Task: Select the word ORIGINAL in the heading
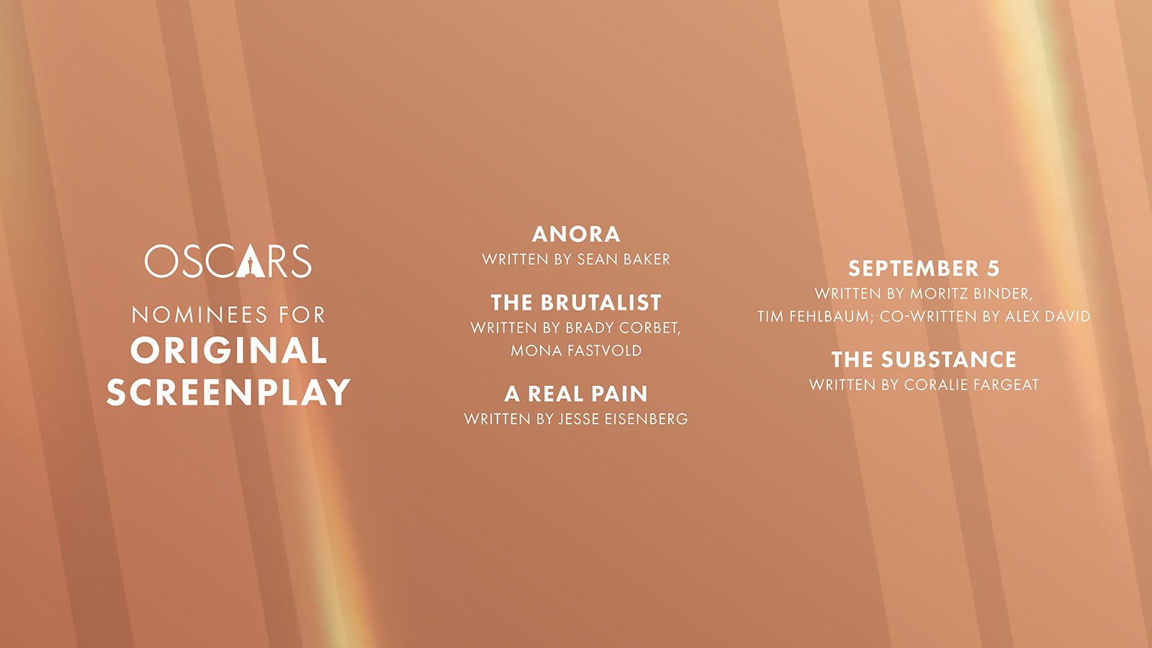click(229, 350)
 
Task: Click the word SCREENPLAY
click(229, 392)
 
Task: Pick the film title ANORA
click(576, 235)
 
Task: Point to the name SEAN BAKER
click(624, 259)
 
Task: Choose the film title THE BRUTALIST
click(576, 302)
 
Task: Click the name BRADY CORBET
click(623, 328)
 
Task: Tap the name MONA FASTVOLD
click(576, 351)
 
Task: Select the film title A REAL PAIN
click(576, 394)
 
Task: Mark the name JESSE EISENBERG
click(623, 419)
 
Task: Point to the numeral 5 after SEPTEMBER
click(993, 269)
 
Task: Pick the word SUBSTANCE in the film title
click(949, 359)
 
